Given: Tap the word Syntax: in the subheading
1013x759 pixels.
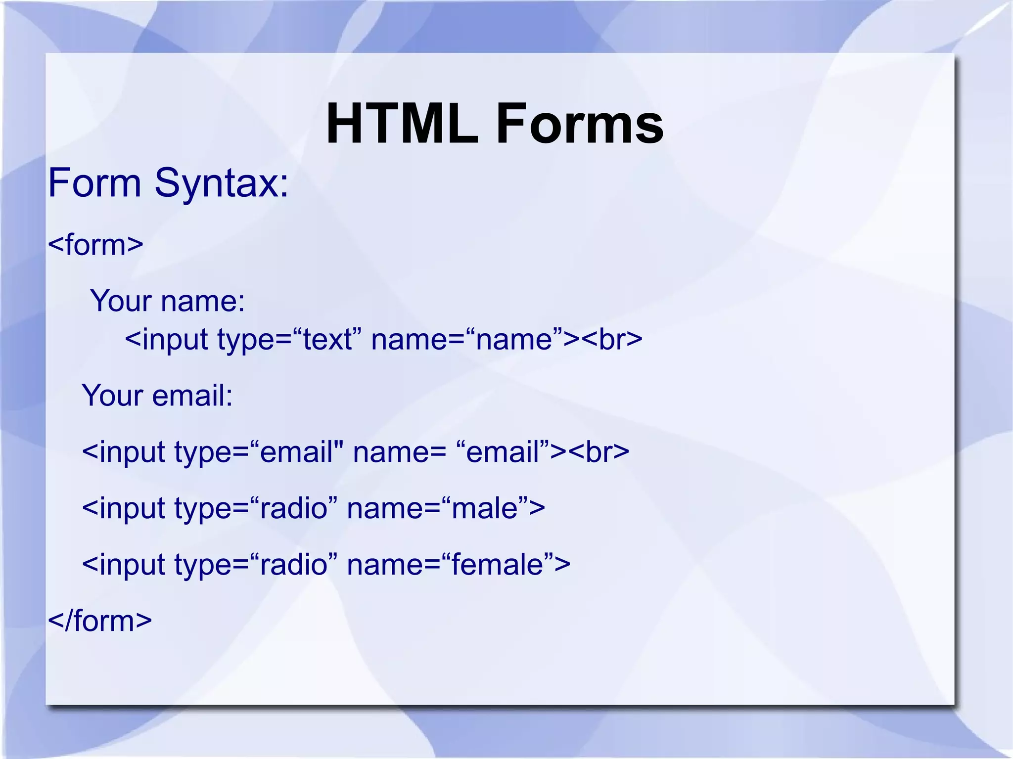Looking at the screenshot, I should click(x=221, y=183).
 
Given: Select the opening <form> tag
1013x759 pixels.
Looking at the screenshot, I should click(x=95, y=244).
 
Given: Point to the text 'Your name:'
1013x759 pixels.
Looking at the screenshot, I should click(x=167, y=301).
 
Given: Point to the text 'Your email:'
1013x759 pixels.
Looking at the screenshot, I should click(x=157, y=395).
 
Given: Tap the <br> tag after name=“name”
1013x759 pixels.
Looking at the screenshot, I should click(x=612, y=340).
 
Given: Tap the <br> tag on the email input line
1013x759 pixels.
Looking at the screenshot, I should click(x=599, y=452).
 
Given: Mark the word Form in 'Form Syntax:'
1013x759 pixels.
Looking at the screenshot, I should click(x=94, y=183).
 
